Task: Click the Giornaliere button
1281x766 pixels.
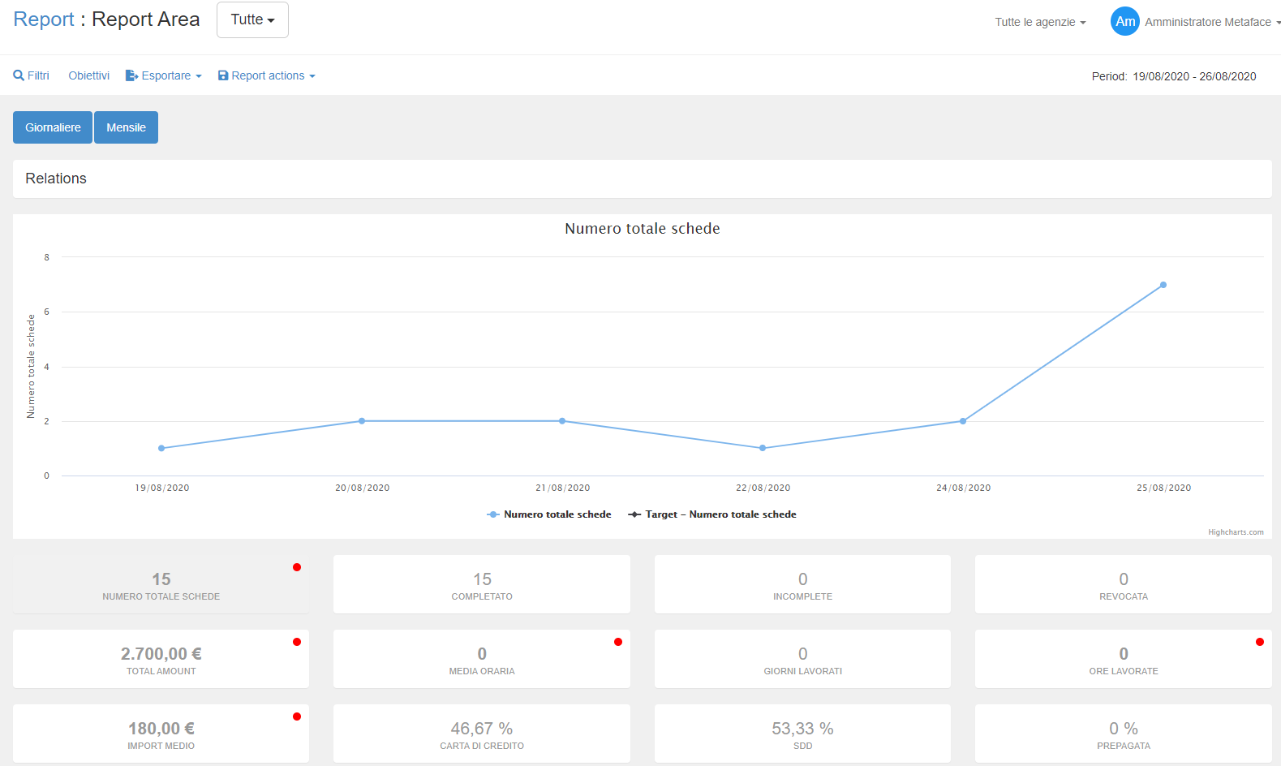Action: click(x=53, y=127)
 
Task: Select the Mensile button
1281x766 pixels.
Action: click(x=126, y=127)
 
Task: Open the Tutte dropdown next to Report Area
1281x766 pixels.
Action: click(x=252, y=19)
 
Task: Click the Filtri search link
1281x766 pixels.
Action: click(x=32, y=75)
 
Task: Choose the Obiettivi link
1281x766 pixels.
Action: click(x=88, y=75)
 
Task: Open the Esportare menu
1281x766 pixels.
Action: click(x=164, y=75)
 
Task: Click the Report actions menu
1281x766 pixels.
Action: click(x=267, y=75)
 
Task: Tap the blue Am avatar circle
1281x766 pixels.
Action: click(x=1125, y=22)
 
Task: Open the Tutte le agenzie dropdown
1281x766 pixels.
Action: click(x=1040, y=22)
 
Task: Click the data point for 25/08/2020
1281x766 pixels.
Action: click(x=1163, y=285)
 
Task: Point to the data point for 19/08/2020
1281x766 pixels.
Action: click(x=161, y=448)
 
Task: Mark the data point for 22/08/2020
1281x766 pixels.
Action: click(x=763, y=448)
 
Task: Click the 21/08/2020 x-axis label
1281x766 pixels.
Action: click(x=563, y=488)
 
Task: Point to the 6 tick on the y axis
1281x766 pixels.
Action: click(x=46, y=312)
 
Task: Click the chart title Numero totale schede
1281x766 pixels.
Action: click(x=642, y=229)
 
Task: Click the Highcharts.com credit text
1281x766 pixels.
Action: click(x=1236, y=532)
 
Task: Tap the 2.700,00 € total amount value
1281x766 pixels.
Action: click(x=161, y=654)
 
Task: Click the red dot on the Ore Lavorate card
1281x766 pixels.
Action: click(x=1260, y=642)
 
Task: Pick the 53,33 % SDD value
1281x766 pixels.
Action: click(x=802, y=729)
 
